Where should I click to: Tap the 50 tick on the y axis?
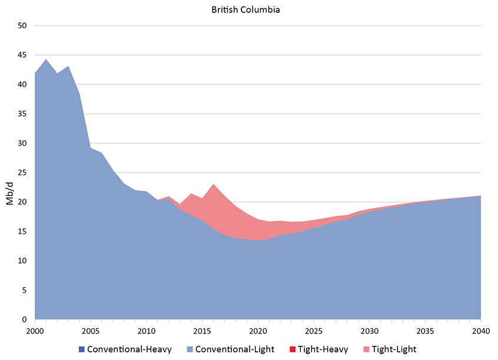(22, 26)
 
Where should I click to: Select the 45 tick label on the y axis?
(22, 55)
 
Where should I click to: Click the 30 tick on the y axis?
(22, 144)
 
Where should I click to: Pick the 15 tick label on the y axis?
(22, 232)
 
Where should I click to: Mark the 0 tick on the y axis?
(25, 320)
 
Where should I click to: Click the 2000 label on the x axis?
(35, 331)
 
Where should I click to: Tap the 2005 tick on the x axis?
(91, 331)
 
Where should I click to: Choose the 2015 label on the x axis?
(202, 331)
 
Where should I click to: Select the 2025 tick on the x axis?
(314, 331)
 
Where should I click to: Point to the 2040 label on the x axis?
(481, 331)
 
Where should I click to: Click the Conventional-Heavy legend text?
(130, 349)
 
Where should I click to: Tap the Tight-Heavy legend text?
(323, 349)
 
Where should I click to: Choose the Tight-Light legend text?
(394, 349)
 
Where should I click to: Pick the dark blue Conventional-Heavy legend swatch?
(82, 349)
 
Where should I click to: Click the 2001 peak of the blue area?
(46, 59)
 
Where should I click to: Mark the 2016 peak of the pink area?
(213, 185)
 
